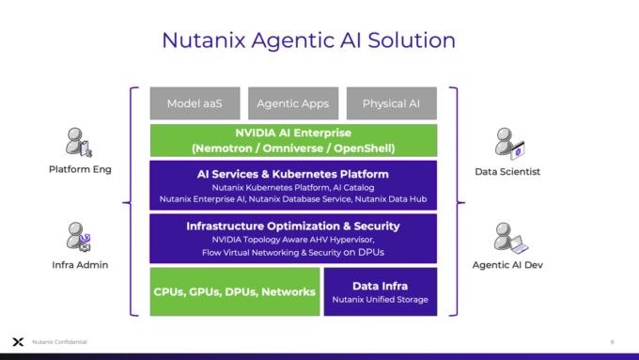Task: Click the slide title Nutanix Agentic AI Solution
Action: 308,39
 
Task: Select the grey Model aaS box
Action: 195,103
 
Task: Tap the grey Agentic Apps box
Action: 292,103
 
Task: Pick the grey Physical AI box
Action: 390,103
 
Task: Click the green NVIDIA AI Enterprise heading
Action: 293,133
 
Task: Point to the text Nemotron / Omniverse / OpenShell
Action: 293,148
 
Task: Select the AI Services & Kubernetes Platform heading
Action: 293,174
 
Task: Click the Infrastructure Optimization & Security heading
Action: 293,226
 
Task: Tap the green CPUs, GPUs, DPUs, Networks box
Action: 234,291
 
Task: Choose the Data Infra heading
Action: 380,285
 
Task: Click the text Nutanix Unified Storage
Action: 380,299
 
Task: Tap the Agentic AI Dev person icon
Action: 507,237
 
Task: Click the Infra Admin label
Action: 78,265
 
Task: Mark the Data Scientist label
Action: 507,171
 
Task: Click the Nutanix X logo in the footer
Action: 17,341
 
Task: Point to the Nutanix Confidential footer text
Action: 57,341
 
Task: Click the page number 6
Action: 612,341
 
